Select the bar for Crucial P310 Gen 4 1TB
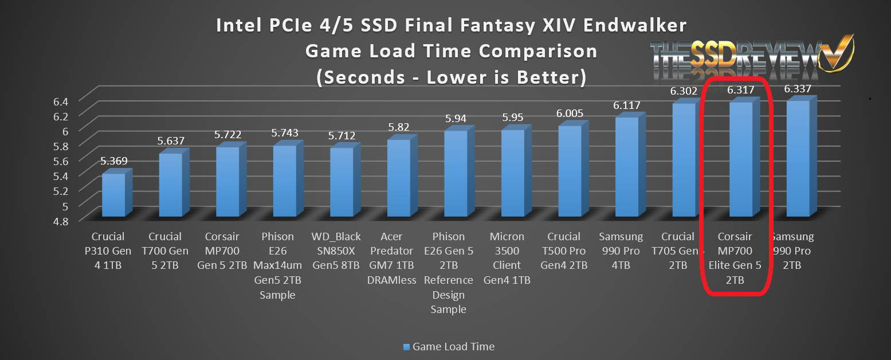[113, 195]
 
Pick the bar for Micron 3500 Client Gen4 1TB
[512, 173]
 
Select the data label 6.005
[570, 114]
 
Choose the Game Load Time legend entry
[449, 346]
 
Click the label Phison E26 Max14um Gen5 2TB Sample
[278, 265]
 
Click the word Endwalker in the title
[623, 26]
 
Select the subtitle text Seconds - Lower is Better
[452, 77]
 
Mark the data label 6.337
[799, 88]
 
